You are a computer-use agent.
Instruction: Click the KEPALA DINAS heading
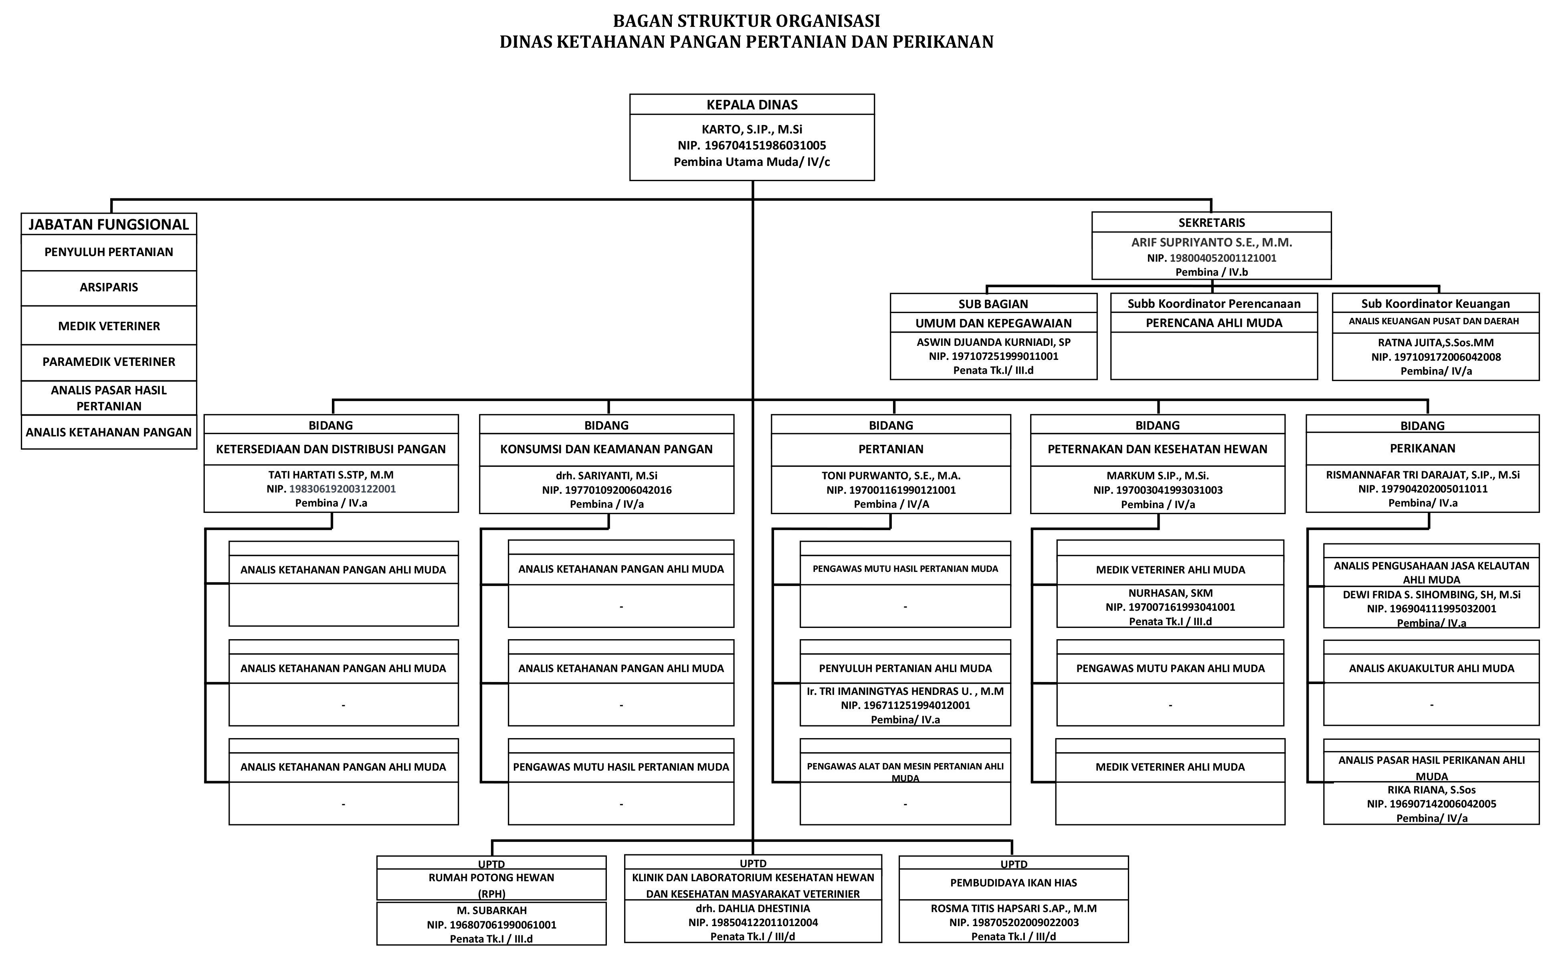(752, 105)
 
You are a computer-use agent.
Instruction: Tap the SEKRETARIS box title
(1211, 223)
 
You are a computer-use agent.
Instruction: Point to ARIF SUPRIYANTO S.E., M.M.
(1211, 242)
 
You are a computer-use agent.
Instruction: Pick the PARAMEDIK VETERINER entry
(109, 362)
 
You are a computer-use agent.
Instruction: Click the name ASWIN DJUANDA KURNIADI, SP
(993, 342)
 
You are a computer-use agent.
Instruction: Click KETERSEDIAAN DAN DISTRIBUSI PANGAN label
(331, 449)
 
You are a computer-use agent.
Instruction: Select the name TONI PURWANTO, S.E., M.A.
(891, 476)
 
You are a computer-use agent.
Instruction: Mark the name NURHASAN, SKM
(1170, 593)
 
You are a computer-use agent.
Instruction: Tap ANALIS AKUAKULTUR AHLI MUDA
(1431, 668)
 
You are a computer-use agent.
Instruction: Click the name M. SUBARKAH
(491, 910)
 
